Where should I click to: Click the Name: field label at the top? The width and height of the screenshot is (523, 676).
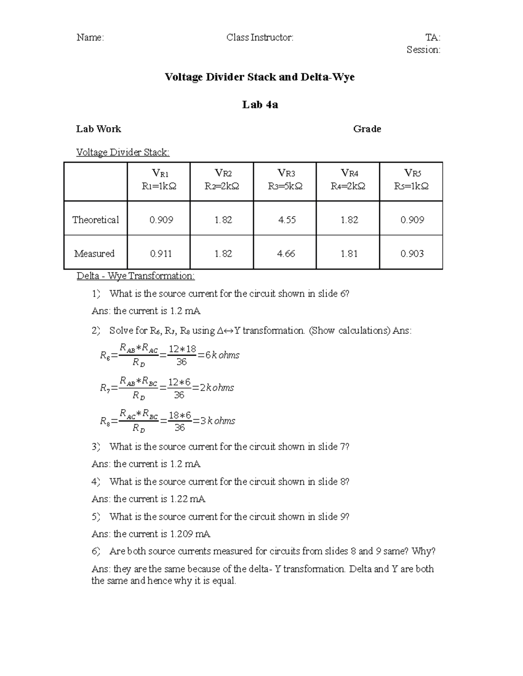(90, 37)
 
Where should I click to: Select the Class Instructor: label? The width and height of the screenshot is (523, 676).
(260, 37)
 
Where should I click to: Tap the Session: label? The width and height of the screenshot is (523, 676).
(423, 50)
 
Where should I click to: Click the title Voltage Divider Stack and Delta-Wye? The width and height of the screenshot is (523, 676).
(259, 77)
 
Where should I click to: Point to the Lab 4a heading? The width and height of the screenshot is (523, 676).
(260, 104)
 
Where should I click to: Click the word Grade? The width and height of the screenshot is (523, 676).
(367, 129)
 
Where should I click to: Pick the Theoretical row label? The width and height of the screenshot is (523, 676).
(95, 220)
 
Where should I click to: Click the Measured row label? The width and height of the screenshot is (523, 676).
(94, 253)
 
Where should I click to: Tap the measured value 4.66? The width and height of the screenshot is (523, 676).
(286, 253)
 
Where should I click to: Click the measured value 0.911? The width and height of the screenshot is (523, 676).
(160, 253)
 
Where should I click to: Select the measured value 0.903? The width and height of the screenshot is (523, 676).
(412, 253)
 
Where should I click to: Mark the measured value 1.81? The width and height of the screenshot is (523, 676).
(349, 253)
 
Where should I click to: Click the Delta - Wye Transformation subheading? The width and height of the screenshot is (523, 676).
(136, 276)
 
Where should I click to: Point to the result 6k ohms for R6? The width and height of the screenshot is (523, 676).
(222, 355)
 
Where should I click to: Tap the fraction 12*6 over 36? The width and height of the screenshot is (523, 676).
(179, 388)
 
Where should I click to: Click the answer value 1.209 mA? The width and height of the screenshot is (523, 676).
(190, 534)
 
